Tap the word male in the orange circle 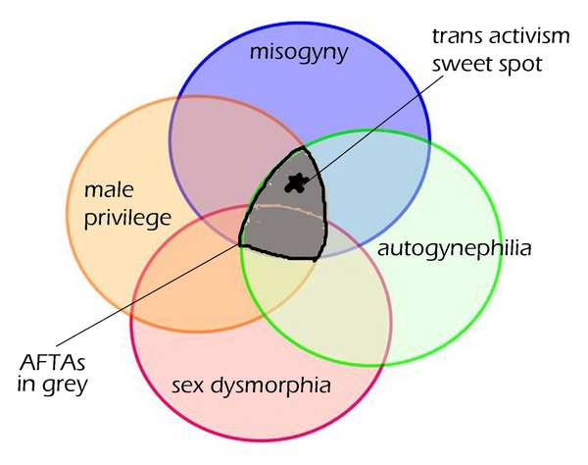[109, 190]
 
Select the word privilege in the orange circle [127, 219]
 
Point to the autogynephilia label [454, 249]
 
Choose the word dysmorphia [270, 386]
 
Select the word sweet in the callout [461, 65]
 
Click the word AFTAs [53, 362]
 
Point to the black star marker [296, 182]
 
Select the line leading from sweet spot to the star [374, 127]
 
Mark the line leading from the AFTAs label [147, 295]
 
